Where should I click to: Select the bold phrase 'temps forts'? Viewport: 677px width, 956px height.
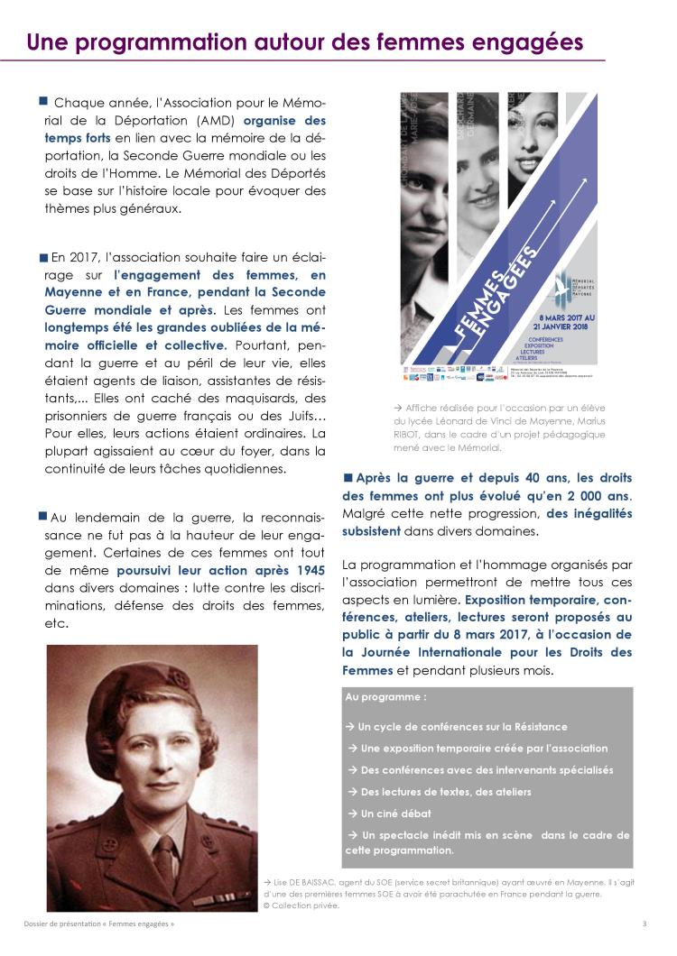(78, 137)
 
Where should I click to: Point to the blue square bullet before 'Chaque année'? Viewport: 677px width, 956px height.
(42, 100)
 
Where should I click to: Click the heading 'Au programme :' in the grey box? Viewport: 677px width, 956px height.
(386, 698)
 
